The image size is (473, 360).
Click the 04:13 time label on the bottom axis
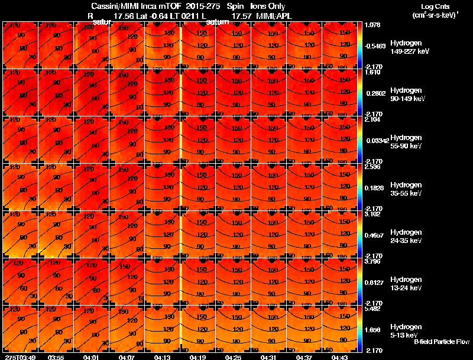point(162,357)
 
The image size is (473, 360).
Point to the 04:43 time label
point(339,357)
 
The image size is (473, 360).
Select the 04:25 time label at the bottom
point(233,357)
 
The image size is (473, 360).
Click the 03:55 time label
point(56,357)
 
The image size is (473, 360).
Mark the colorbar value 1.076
point(372,25)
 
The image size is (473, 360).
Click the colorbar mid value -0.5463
point(375,46)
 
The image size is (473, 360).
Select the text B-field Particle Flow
point(441,342)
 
